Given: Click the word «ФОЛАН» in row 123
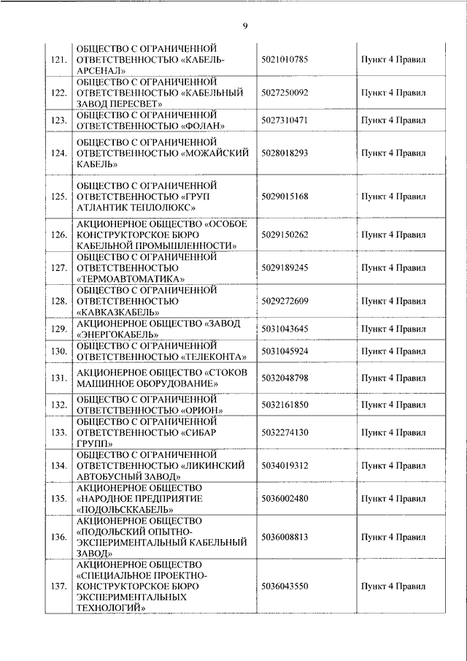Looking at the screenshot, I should [201, 126].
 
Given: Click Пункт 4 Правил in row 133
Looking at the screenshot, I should [394, 432].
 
